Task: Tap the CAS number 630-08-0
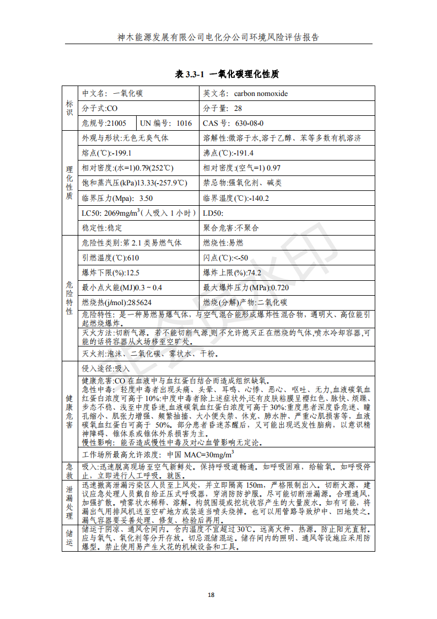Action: (x=249, y=123)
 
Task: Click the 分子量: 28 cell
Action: (x=223, y=108)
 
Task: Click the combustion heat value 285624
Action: (x=139, y=302)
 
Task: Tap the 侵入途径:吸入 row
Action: (x=106, y=368)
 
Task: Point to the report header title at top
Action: (x=218, y=38)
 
